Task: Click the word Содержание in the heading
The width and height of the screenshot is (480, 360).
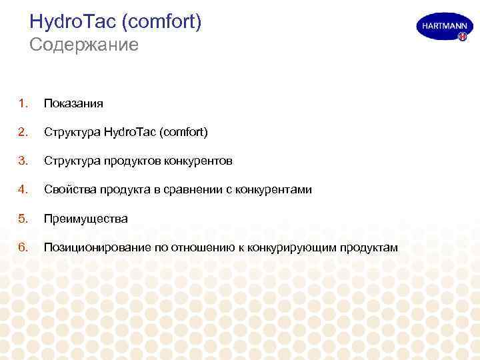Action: [x=84, y=45]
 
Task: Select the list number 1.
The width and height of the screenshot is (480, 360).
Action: [x=23, y=103]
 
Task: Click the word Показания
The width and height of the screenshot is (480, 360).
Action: [x=73, y=104]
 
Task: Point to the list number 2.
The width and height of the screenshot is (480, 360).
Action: [x=23, y=132]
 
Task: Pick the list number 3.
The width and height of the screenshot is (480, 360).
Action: [x=23, y=161]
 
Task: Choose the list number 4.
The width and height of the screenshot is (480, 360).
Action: [x=23, y=189]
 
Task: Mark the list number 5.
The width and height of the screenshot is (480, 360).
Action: [x=23, y=218]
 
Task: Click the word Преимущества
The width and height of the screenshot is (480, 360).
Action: [x=85, y=219]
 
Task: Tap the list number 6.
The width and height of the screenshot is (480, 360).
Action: [x=23, y=247]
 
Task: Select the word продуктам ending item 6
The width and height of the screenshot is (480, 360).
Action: [x=369, y=248]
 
